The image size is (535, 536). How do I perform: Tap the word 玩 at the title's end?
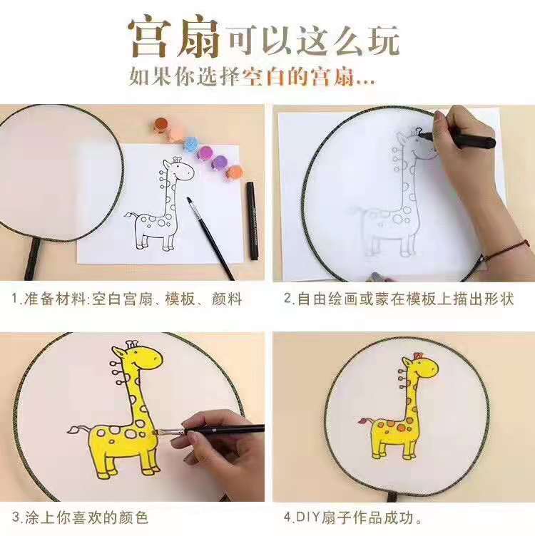384,40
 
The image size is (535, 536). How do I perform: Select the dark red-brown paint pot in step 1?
160,125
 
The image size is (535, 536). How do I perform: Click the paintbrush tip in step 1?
189,200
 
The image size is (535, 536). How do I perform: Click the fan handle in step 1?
31,258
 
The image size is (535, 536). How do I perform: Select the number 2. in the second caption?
289,299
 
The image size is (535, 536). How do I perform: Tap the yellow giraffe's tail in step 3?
79,429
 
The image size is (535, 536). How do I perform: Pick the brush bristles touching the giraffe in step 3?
159,433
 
